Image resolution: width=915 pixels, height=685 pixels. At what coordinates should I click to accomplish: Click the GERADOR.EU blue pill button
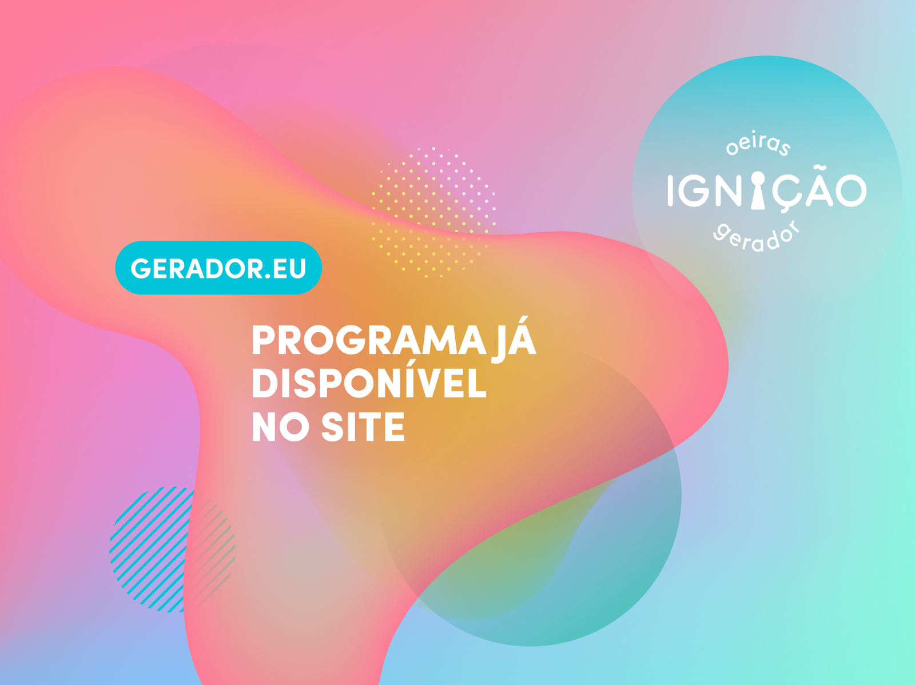point(218,268)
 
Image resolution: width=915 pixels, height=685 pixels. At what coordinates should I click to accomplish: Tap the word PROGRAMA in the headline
point(369,340)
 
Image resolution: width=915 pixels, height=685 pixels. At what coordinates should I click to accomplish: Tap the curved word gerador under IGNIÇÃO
point(756,236)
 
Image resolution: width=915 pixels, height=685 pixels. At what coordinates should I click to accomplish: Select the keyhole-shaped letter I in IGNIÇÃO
point(758,190)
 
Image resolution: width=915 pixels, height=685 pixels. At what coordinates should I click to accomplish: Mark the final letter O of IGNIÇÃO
point(851,190)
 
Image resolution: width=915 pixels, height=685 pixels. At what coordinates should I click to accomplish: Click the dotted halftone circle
point(433,212)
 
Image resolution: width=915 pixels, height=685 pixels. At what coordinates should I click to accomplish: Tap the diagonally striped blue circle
point(172,549)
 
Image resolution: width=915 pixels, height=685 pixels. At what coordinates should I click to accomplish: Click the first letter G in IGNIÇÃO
point(693,190)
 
